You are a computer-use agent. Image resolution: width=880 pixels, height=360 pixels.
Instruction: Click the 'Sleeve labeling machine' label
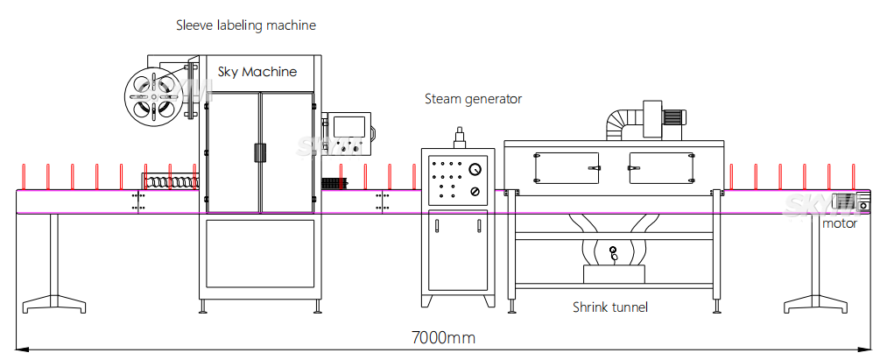246,26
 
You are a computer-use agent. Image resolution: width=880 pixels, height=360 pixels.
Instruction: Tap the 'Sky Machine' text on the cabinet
257,72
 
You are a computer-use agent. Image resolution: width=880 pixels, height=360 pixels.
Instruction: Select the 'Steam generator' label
473,99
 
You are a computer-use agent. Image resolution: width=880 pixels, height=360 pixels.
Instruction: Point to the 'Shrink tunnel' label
610,307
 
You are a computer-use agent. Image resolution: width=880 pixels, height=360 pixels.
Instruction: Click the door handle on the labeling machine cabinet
259,152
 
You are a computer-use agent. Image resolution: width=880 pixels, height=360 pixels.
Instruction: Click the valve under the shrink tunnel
613,254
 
